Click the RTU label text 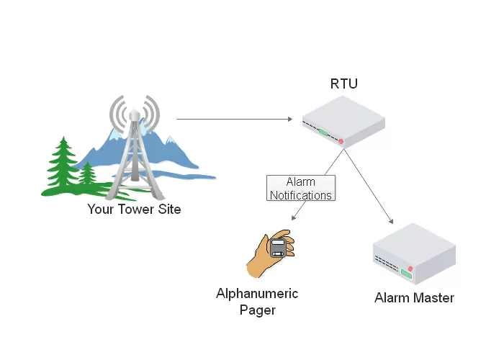(x=343, y=84)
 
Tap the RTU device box (x=342, y=122)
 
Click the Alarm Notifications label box (x=301, y=188)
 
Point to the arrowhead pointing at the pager (x=294, y=217)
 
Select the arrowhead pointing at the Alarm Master (x=392, y=222)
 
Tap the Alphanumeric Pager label (x=257, y=302)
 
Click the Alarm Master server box (x=414, y=253)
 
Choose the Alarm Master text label (x=414, y=297)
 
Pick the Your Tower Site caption (x=134, y=210)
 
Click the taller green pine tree (x=63, y=166)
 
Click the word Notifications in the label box (x=301, y=195)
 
